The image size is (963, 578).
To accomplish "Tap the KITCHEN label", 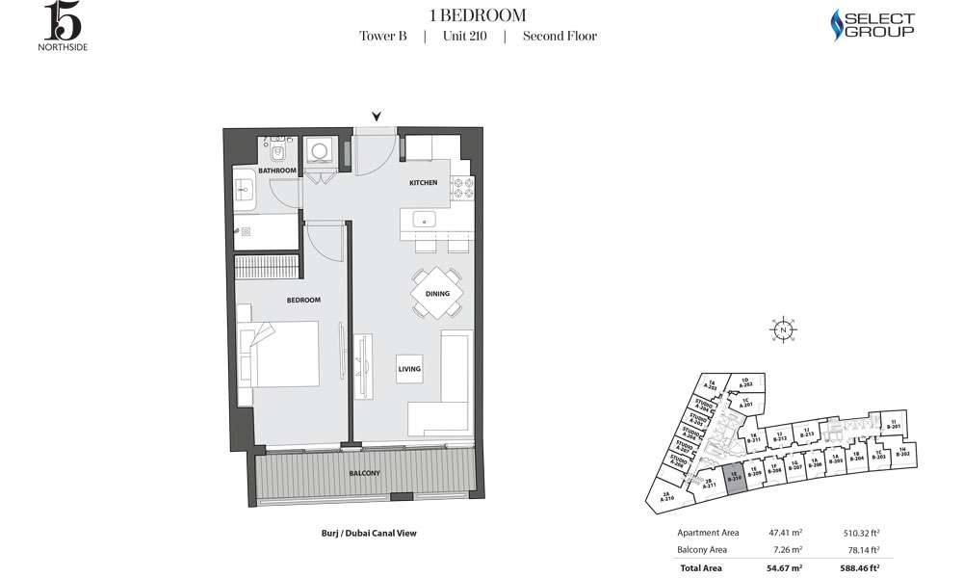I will coord(423,182).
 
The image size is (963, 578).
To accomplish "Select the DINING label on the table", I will coord(437,294).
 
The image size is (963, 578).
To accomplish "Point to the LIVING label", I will coord(409,369).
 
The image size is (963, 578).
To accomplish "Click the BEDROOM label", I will coord(303,301).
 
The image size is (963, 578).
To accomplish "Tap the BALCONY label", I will coord(365,473).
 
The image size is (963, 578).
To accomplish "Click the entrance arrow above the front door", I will coord(377,117).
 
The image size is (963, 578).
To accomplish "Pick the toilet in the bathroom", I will coord(276,151).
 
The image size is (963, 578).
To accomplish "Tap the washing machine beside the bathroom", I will coord(318,151).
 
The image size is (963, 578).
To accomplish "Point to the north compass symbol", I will coord(784,330).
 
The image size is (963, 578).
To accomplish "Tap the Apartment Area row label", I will coord(708,531).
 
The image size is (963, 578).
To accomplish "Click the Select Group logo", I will coord(872,25).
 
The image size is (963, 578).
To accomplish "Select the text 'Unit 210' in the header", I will coord(464,37).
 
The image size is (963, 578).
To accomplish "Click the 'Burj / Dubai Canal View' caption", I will coord(368,533).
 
